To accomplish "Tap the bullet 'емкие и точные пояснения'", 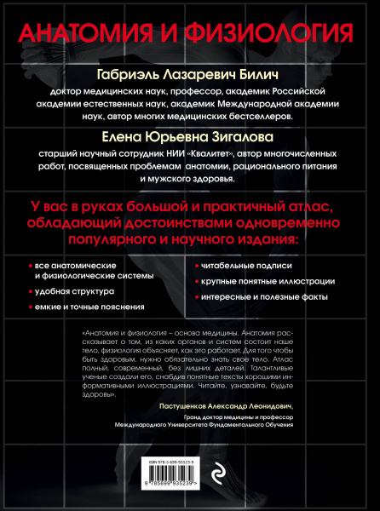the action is coord(84,306).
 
